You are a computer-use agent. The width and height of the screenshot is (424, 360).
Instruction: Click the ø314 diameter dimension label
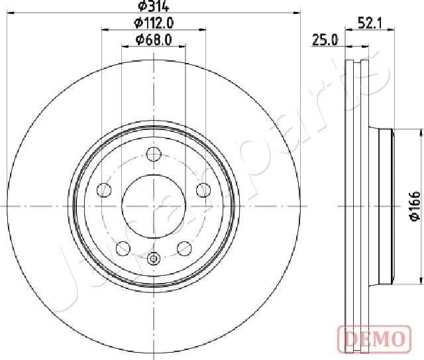click(154, 7)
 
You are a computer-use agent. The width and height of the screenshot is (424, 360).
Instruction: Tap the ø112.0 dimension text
click(154, 23)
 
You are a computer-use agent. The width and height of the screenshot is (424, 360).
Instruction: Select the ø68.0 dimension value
click(154, 40)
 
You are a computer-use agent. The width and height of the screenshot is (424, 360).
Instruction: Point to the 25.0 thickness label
click(325, 40)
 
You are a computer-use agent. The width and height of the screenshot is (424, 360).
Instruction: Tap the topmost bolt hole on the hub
click(154, 155)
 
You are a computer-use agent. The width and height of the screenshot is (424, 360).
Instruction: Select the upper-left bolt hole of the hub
click(105, 191)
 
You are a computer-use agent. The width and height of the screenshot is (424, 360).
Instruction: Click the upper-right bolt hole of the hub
click(203, 191)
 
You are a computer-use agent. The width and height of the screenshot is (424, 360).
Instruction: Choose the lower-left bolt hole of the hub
click(123, 249)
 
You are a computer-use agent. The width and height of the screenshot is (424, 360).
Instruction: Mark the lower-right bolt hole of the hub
click(185, 249)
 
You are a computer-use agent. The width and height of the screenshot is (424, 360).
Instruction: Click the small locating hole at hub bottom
click(154, 259)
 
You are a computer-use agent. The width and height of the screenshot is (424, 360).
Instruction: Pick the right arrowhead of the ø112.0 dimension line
click(203, 30)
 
